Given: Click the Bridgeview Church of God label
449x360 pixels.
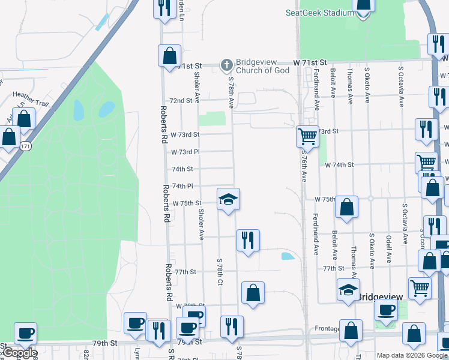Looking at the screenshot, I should (x=263, y=66).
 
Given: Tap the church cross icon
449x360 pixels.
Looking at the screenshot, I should (x=226, y=64).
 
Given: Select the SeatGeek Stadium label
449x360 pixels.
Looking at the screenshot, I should (x=319, y=12).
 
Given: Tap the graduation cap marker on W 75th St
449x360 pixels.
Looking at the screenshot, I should (x=228, y=199).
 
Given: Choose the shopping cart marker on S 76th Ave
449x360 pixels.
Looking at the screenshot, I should (x=307, y=136).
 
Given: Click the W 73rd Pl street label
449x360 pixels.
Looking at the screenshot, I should (x=185, y=152).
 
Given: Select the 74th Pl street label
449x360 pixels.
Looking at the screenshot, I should (x=182, y=186).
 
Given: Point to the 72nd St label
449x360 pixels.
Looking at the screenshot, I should (x=181, y=101).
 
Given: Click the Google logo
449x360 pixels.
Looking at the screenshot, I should (x=19, y=353).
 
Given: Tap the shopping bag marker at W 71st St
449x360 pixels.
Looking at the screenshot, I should (x=170, y=56).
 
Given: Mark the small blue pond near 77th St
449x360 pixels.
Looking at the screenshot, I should (x=288, y=256).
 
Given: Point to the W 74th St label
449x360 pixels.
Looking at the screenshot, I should (x=340, y=164).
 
